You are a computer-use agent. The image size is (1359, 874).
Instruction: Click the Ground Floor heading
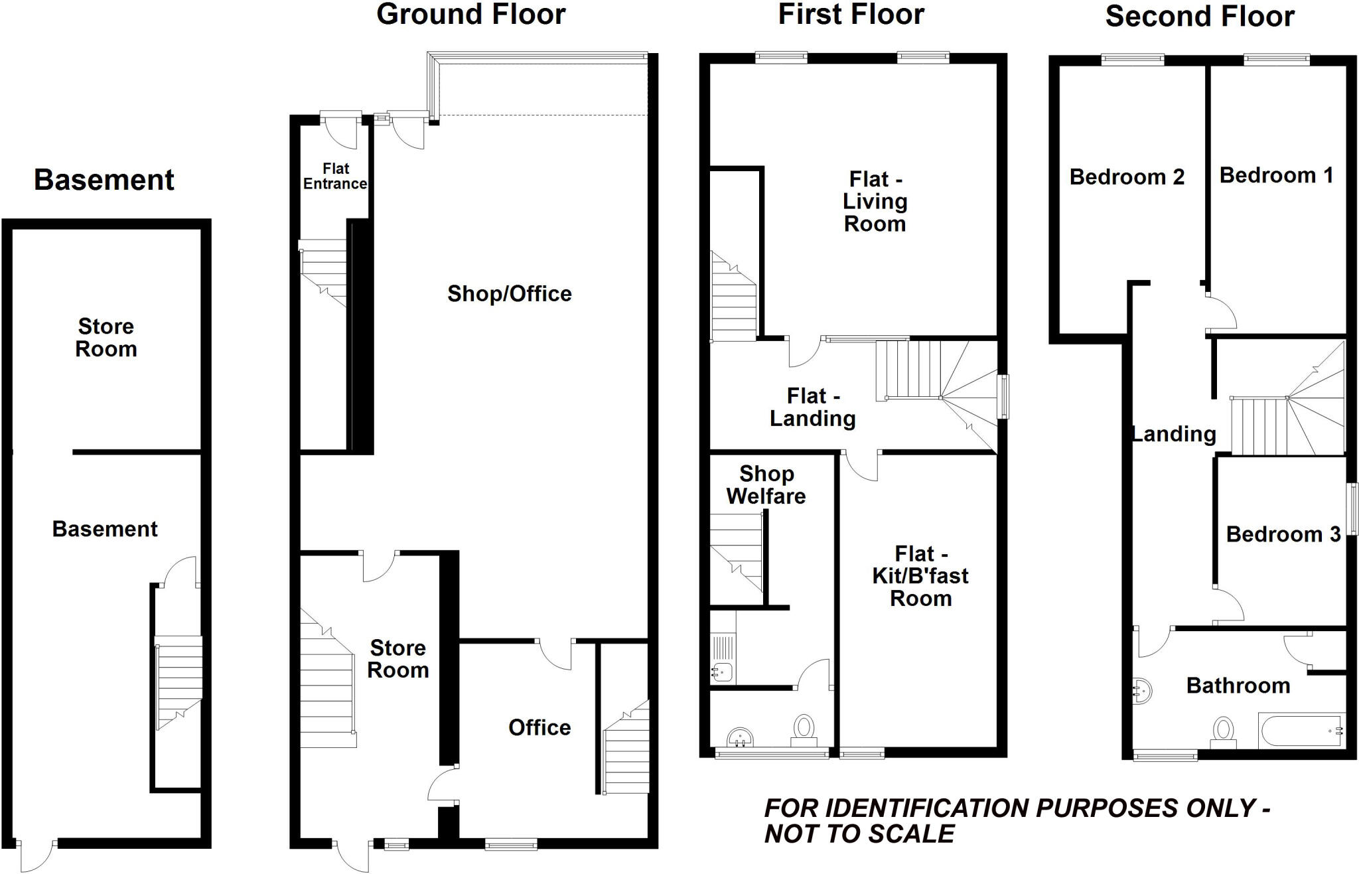pos(470,15)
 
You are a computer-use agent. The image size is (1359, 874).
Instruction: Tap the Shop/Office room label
pos(509,293)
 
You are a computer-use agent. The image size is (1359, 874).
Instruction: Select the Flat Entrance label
pos(335,177)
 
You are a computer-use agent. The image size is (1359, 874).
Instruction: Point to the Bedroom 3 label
pos(1283,534)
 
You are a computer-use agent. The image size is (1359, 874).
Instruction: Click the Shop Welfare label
pos(766,484)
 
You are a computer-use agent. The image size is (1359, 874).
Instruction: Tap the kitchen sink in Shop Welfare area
pos(721,672)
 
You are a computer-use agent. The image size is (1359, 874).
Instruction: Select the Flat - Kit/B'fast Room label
pos(920,576)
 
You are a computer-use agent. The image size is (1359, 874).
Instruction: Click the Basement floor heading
pos(104,180)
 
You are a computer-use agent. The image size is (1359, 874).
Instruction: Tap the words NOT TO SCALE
pos(859,834)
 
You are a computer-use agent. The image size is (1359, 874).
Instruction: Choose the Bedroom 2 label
pos(1127,177)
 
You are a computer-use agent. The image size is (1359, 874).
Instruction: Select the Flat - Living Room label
pos(875,202)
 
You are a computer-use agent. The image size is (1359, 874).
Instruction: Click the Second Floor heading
pos(1199,17)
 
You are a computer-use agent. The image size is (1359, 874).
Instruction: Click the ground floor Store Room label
pos(397,658)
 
